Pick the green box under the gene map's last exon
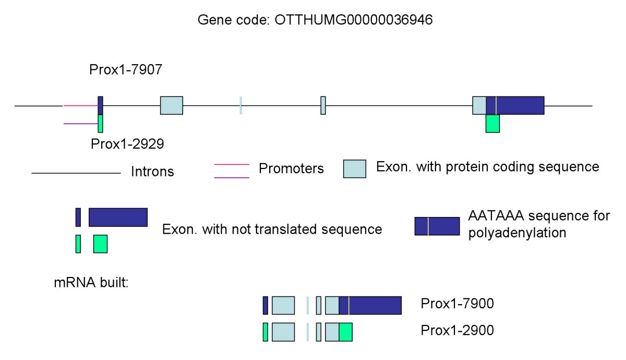(492, 124)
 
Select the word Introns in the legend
(152, 171)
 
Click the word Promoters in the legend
(291, 169)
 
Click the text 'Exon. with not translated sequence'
(272, 230)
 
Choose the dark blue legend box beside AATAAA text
(437, 226)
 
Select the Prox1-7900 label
(457, 304)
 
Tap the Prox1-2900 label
(457, 330)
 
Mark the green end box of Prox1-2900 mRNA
(345, 332)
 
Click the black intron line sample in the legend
(76, 173)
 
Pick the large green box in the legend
(100, 244)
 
